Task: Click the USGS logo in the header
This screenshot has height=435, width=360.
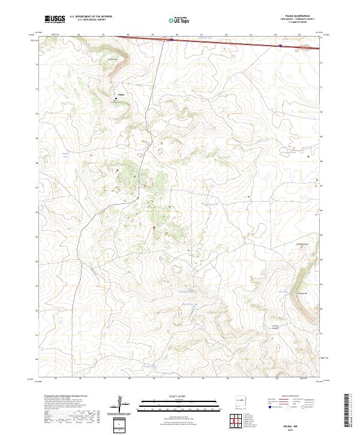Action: pos(54,20)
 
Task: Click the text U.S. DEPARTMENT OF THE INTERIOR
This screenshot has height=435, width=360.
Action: pos(91,17)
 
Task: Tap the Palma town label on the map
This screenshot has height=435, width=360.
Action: pos(121,94)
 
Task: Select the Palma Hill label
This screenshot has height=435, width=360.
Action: pos(112,59)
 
